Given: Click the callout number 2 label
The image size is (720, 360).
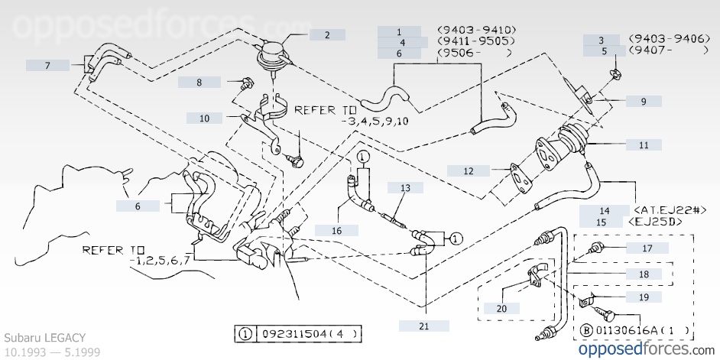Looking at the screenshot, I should [326, 34].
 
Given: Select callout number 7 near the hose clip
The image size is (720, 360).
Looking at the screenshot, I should [47, 66].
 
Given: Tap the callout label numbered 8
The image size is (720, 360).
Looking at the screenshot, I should [199, 82].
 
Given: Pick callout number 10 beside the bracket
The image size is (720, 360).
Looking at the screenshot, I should [205, 118].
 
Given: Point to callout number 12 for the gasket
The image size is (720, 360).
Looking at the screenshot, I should [468, 170].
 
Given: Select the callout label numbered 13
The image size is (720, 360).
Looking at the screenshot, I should [405, 187].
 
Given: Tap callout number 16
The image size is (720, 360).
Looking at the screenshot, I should [336, 229].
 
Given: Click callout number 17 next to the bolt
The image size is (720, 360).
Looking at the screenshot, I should [647, 248].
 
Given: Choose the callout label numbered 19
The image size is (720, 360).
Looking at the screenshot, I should [644, 297].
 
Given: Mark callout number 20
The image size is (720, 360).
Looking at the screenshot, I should [501, 309].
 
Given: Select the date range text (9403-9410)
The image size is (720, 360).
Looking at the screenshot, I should [474, 31].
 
